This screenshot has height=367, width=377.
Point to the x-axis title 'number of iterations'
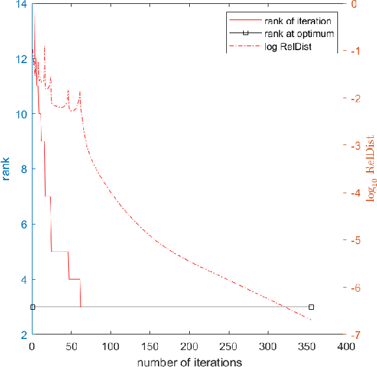(189, 360)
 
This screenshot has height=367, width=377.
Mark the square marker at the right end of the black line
(311, 306)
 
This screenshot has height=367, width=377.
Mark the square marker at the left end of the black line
(32, 306)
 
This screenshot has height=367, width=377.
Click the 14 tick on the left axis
(21, 4)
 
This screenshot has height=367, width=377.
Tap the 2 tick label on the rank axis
(24, 334)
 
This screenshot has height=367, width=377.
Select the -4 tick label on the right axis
(354, 193)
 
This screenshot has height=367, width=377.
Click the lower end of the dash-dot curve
(311, 320)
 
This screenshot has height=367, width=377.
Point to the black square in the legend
(246, 33)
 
